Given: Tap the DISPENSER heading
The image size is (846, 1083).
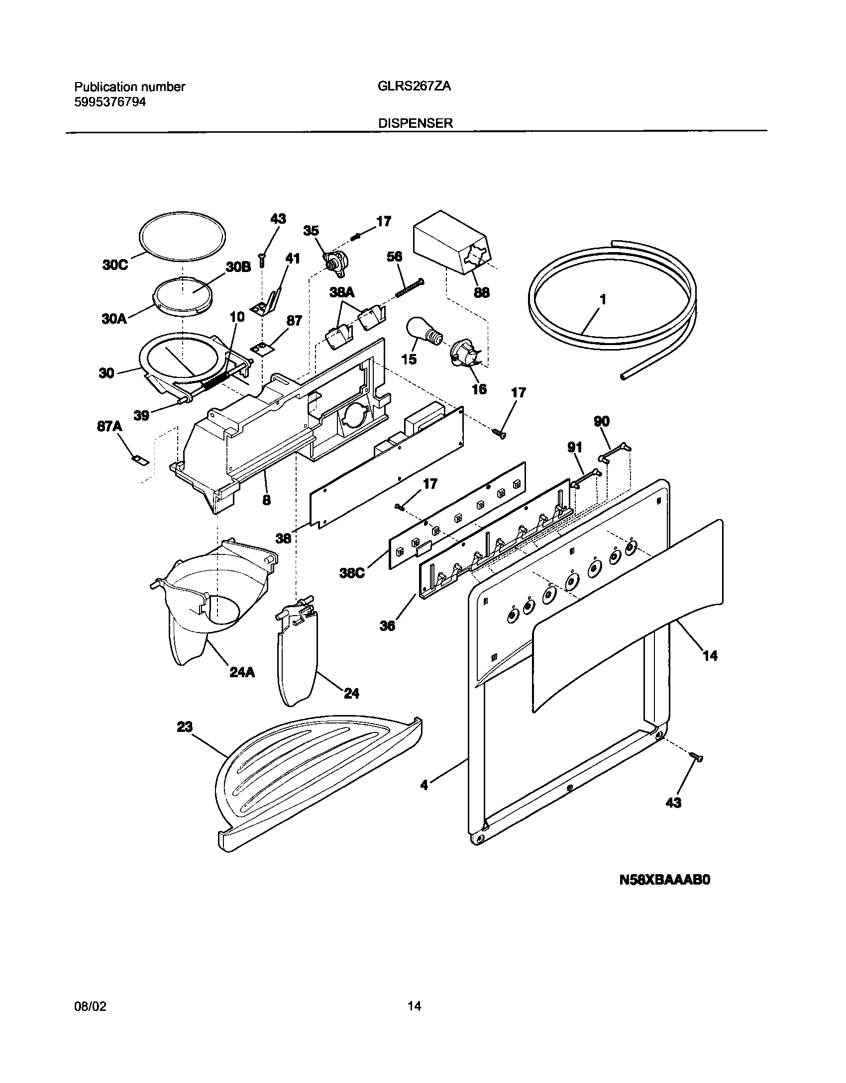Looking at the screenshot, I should click(x=416, y=123).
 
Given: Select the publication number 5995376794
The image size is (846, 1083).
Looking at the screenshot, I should click(x=110, y=102).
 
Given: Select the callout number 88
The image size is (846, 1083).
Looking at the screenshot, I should click(x=481, y=292).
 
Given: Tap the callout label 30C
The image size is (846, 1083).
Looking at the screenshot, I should click(x=115, y=265).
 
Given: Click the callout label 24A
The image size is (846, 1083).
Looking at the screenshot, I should click(x=242, y=672).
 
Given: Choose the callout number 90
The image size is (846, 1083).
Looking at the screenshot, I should click(x=602, y=422).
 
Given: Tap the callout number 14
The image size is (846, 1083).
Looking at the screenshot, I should click(x=710, y=656).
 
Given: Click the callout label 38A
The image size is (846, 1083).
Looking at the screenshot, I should click(x=342, y=293).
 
